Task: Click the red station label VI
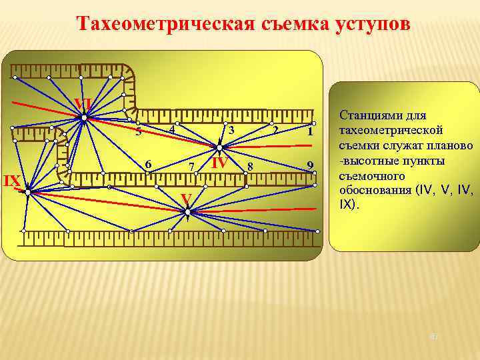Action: click(x=83, y=104)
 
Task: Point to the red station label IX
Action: click(x=11, y=181)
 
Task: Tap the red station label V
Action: click(x=187, y=198)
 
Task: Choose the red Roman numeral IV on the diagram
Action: click(x=220, y=163)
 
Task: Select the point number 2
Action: click(x=275, y=129)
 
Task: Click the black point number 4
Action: click(x=171, y=129)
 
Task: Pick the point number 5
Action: click(x=138, y=132)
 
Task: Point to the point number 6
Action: click(x=149, y=164)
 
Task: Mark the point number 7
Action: click(x=191, y=166)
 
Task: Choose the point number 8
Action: click(x=250, y=165)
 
